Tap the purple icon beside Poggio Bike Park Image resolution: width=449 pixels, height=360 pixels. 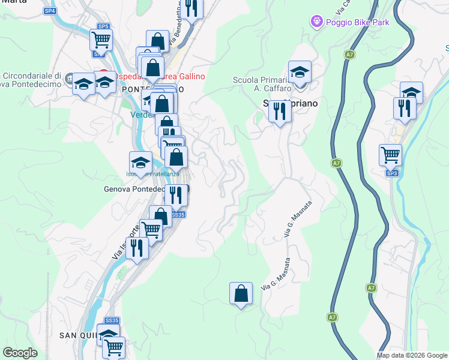316,22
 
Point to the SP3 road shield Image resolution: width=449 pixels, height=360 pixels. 392,173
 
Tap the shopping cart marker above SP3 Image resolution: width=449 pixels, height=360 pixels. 390,155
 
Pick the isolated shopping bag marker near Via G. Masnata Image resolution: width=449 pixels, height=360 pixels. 240,294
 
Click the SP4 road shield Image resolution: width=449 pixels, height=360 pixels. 50,11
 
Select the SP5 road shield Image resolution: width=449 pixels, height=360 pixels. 103,26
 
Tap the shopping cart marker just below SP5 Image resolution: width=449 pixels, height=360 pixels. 101,40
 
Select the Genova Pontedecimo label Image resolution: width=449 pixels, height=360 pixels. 134,189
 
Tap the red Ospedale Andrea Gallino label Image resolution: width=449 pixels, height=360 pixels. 159,76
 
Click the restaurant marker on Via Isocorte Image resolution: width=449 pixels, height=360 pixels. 137,248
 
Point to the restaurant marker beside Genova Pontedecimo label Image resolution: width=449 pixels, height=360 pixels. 175,195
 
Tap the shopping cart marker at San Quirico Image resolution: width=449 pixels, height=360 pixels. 113,346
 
